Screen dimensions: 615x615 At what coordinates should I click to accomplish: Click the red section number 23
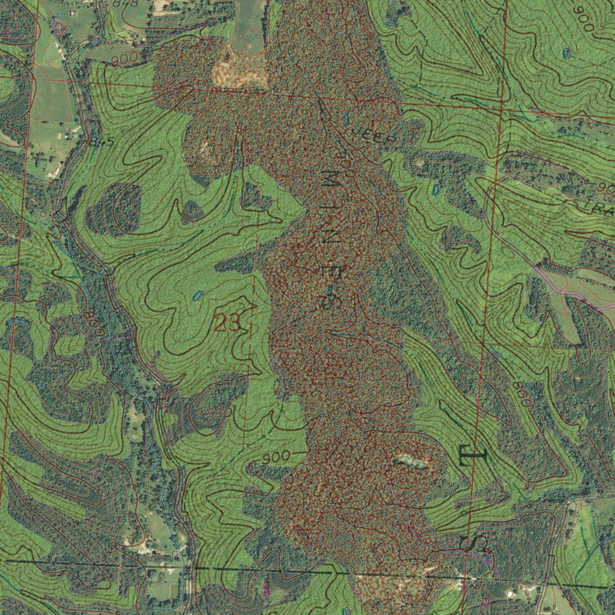pyautogui.click(x=228, y=324)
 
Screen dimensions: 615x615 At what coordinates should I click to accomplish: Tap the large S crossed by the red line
pyautogui.click(x=474, y=544)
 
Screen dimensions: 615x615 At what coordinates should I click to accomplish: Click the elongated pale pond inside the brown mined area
pyautogui.click(x=411, y=462)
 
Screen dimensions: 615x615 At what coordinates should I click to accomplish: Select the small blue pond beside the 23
pyautogui.click(x=197, y=295)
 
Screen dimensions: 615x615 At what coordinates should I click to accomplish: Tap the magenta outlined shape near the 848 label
pyautogui.click(x=59, y=26)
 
